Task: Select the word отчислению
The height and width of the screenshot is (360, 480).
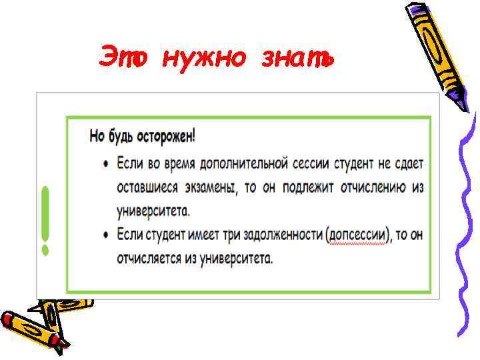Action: click(372, 188)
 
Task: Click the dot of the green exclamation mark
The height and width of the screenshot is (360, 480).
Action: click(45, 250)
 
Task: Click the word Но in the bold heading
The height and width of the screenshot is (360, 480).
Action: click(97, 137)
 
